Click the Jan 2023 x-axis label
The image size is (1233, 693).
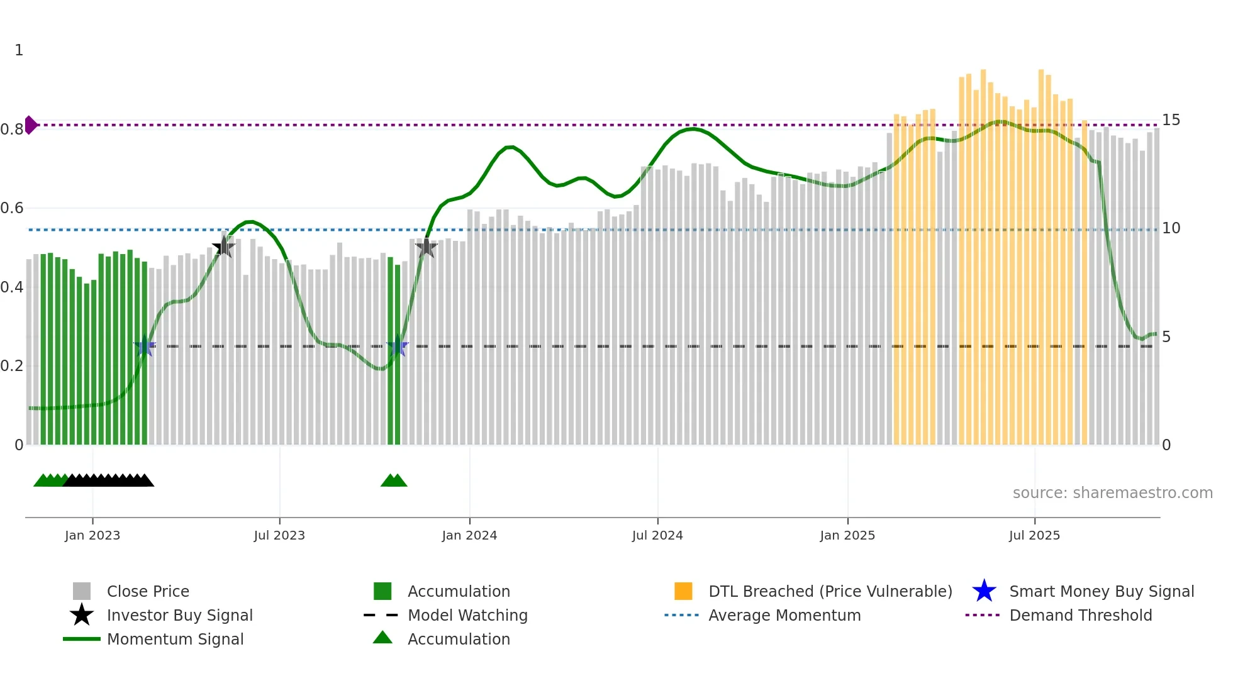pyautogui.click(x=92, y=535)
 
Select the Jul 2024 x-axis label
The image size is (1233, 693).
pyautogui.click(x=657, y=535)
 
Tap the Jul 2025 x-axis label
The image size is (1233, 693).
pyautogui.click(x=1034, y=535)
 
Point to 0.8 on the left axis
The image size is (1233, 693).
pyautogui.click(x=12, y=130)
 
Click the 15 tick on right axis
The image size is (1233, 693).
pyautogui.click(x=1171, y=120)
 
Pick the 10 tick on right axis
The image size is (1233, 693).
pyautogui.click(x=1171, y=228)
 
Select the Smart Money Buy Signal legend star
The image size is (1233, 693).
pyautogui.click(x=984, y=591)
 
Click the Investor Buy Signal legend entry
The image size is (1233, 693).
pyautogui.click(x=179, y=615)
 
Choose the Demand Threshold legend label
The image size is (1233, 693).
pyautogui.click(x=1080, y=615)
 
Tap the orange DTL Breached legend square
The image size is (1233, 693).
pyautogui.click(x=683, y=591)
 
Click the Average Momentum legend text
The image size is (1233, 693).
pyautogui.click(x=784, y=615)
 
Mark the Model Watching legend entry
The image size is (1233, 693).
pyautogui.click(x=467, y=615)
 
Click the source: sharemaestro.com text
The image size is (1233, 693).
pyautogui.click(x=1112, y=493)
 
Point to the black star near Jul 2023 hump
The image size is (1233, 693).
pyautogui.click(x=223, y=247)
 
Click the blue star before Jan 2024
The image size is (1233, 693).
pyautogui.click(x=397, y=346)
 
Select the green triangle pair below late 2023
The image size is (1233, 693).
pyautogui.click(x=394, y=481)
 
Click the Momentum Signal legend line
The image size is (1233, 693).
pyautogui.click(x=82, y=639)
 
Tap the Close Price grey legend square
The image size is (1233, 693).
pyautogui.click(x=82, y=591)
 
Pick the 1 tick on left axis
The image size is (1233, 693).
pyautogui.click(x=19, y=50)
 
